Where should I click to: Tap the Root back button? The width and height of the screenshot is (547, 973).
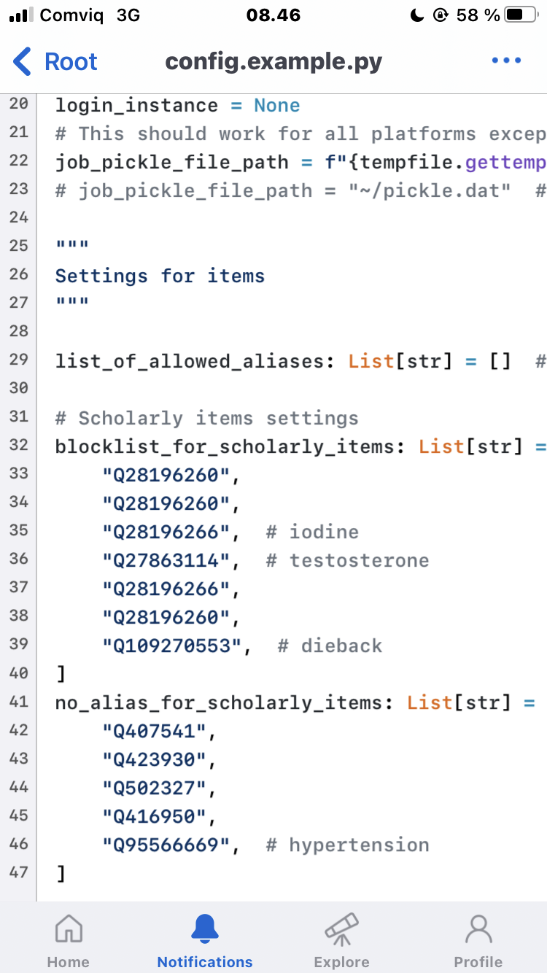[x=55, y=62]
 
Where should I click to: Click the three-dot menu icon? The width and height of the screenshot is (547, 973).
[x=506, y=61]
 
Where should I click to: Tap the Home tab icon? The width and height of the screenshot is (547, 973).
[x=69, y=930]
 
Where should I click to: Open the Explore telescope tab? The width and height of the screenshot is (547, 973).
[x=341, y=930]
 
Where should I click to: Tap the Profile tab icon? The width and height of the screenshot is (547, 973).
[x=478, y=930]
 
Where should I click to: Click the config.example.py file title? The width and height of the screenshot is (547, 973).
[x=273, y=62]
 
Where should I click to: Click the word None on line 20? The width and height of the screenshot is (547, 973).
[x=276, y=105]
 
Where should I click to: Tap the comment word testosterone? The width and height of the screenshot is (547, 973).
[x=359, y=560]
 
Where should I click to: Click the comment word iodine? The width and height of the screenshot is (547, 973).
[x=324, y=532]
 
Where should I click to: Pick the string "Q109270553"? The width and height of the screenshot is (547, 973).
[x=177, y=646]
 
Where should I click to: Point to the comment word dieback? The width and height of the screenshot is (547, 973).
[x=341, y=646]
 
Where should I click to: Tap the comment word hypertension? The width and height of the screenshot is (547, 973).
[x=359, y=845]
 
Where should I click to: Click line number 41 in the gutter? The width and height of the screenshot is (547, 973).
[x=18, y=702]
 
